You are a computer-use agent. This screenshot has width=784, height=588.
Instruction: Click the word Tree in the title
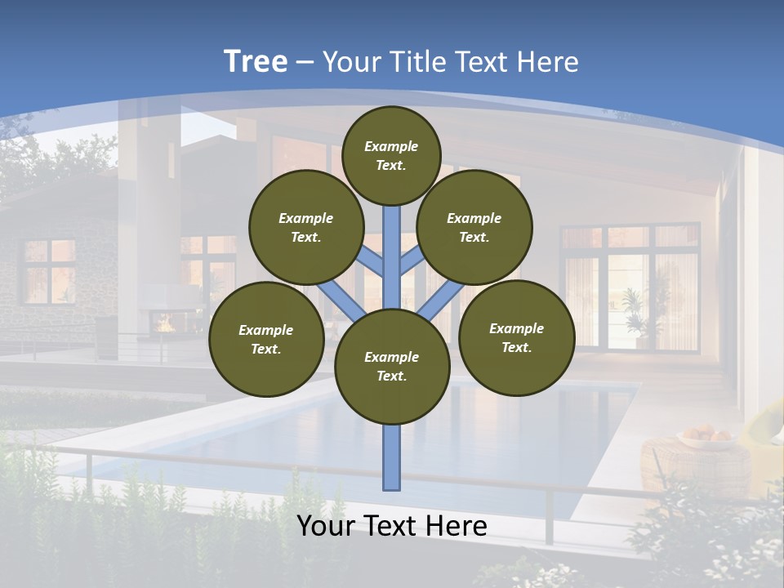[256, 62]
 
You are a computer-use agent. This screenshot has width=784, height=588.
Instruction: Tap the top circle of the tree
[391, 155]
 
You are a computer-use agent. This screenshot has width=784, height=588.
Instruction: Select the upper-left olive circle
[306, 227]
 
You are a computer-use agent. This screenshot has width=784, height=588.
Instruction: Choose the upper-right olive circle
[474, 227]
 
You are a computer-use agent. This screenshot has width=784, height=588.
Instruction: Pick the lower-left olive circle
[266, 339]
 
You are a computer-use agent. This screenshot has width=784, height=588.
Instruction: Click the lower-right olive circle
[516, 337]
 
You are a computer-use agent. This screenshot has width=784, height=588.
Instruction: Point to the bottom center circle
[392, 366]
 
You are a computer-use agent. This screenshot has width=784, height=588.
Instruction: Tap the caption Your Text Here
[392, 526]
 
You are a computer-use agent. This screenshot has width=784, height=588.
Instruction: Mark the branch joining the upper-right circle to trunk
[412, 261]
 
